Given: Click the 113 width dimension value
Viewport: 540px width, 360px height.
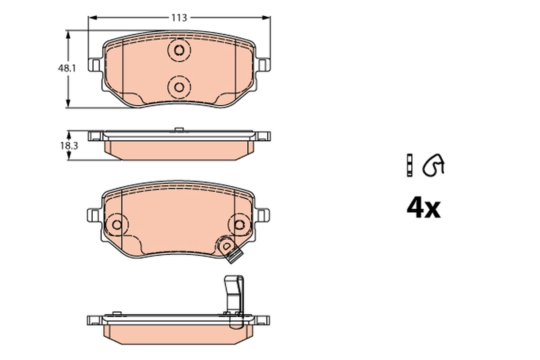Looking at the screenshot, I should (x=179, y=18).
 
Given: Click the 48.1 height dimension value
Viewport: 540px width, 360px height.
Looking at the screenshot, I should (x=66, y=69).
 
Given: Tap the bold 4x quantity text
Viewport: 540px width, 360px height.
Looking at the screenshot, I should (x=423, y=208).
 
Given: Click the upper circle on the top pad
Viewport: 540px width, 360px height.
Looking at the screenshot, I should (x=179, y=50).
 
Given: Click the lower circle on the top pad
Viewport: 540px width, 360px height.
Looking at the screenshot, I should (x=179, y=86).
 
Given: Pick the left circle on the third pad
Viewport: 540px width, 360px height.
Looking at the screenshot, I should (x=117, y=224).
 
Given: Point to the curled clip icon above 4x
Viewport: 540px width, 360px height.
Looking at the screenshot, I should (x=434, y=165).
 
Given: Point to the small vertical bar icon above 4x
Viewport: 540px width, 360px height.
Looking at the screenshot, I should (x=409, y=165).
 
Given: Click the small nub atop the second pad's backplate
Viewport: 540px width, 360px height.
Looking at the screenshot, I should (x=179, y=130).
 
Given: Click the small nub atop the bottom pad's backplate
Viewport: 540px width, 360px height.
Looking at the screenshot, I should (x=117, y=313).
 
